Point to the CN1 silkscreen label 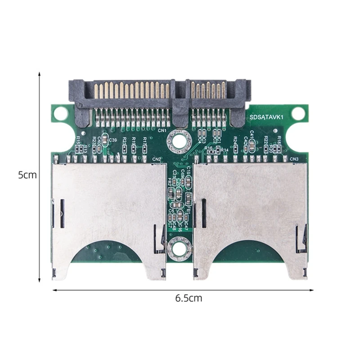162,131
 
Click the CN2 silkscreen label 157,159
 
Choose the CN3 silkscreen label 294,159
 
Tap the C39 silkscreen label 112,140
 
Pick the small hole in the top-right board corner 298,113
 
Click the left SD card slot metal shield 108,207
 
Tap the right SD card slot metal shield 250,207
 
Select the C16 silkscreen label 180,227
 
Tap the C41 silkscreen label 252,134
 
